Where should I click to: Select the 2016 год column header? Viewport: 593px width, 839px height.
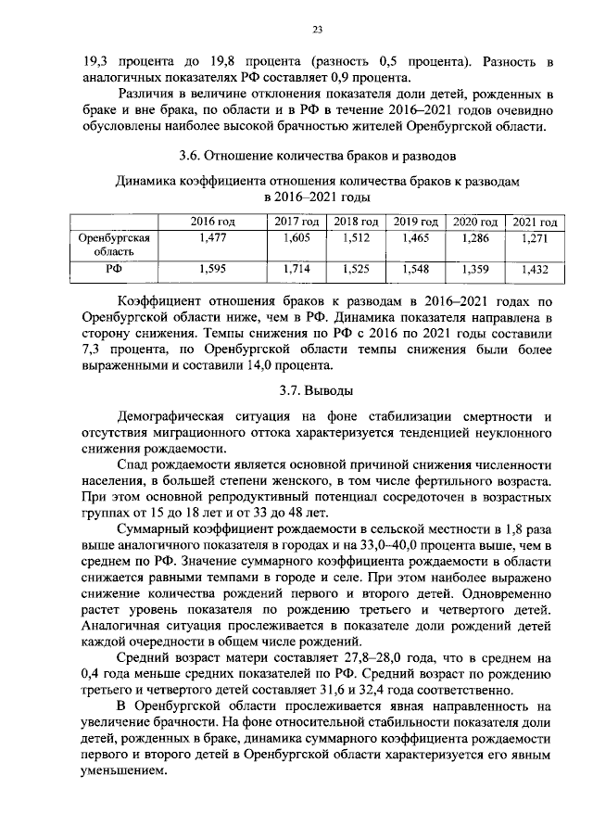tap(213, 222)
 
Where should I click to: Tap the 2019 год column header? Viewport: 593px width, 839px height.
tap(415, 222)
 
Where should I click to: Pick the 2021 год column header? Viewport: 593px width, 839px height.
tap(535, 222)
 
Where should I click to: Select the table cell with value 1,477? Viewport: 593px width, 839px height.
tap(213, 238)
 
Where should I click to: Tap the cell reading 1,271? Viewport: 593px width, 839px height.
tap(535, 238)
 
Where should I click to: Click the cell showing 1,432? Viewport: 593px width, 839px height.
tap(535, 270)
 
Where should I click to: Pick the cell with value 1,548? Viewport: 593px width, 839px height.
tap(415, 270)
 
